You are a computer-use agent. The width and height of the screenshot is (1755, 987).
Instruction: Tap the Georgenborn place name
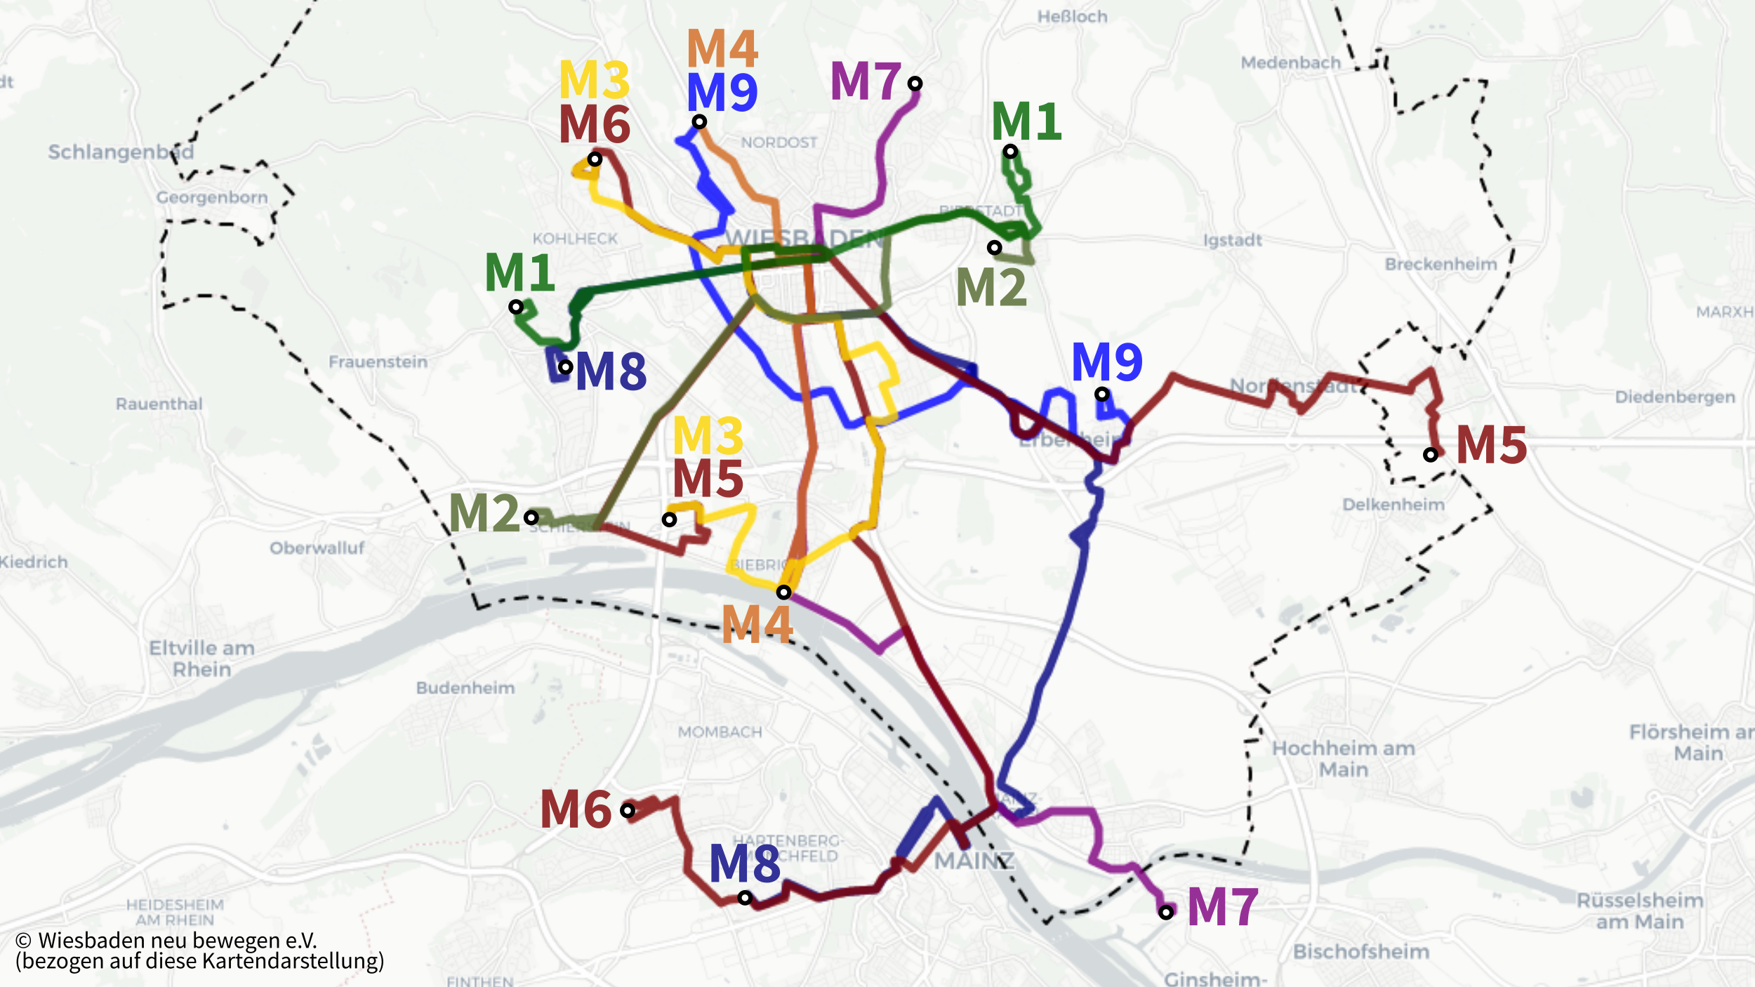coord(212,197)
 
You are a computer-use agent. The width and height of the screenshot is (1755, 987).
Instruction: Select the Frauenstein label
coord(378,362)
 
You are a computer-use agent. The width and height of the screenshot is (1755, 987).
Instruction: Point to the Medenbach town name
coord(1291,62)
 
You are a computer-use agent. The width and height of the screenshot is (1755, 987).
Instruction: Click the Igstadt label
coord(1233,240)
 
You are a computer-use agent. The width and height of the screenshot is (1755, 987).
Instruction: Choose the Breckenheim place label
coord(1441,264)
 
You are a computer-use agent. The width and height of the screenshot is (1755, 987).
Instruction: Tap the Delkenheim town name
coord(1393,504)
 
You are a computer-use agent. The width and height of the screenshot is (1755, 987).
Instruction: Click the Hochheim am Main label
coord(1344,758)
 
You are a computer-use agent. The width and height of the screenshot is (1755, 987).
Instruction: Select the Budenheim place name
coord(465,687)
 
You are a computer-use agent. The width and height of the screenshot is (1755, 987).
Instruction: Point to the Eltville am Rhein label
coord(201,658)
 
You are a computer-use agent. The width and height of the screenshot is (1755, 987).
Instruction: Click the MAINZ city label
coord(974,860)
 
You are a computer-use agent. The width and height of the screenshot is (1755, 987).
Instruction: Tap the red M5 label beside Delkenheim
coord(1492,445)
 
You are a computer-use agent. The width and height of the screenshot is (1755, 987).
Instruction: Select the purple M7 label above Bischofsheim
coord(1222,906)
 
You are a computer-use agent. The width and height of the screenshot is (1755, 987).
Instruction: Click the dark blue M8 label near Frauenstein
coord(611,371)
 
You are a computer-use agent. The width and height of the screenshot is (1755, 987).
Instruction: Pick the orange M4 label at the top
coord(722,48)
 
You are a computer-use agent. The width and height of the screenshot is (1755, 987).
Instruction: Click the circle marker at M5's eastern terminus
coord(1430,455)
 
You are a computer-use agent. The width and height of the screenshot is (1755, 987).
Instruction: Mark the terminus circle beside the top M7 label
coord(915,84)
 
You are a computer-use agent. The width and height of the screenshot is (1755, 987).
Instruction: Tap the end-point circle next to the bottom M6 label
coord(628,811)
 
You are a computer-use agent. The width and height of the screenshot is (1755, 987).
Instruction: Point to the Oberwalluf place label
coord(317,548)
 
